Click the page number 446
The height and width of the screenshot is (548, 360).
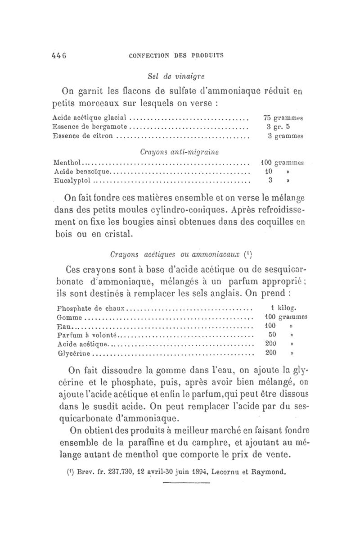[x=59, y=55]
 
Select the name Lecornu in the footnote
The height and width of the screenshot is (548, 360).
[x=236, y=473]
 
